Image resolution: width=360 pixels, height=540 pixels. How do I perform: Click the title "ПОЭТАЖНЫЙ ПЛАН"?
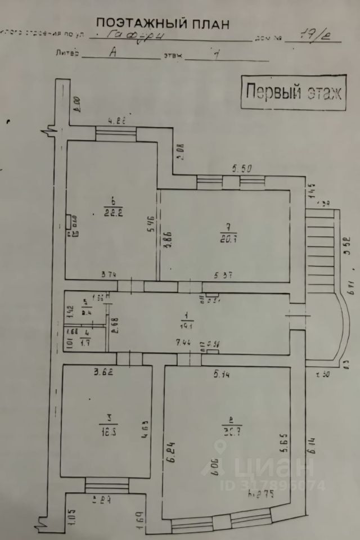click(x=163, y=23)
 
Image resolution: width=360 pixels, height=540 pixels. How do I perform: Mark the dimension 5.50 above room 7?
click(x=244, y=168)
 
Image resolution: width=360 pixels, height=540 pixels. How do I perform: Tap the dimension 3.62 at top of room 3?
click(x=105, y=372)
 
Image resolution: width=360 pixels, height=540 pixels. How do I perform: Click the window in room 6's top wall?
click(x=115, y=133)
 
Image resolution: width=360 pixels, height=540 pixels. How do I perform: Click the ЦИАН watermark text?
click(x=278, y=466)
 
